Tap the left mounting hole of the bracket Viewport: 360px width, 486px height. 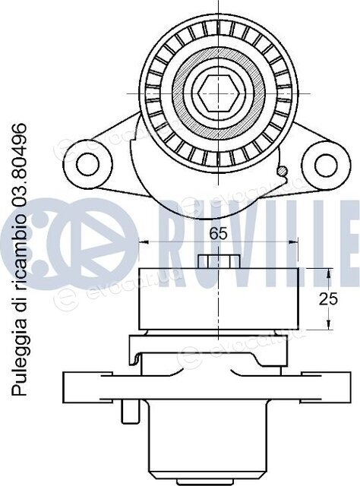tap(87, 165)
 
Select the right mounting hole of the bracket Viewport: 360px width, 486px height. tap(326, 165)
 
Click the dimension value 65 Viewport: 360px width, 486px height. tap(218, 233)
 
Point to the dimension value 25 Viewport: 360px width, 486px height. tap(328, 299)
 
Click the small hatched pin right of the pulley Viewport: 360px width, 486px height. tap(283, 170)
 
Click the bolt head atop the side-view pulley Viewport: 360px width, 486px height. tap(219, 261)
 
